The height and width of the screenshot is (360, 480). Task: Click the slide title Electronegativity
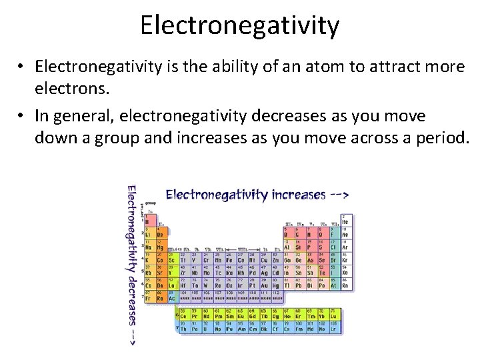pyautogui.click(x=240, y=26)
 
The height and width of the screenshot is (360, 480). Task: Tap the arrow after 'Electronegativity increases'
pyautogui.click(x=339, y=195)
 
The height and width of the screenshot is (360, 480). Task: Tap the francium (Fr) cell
pyautogui.click(x=149, y=296)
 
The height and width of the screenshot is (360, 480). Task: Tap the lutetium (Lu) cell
pyautogui.click(x=333, y=314)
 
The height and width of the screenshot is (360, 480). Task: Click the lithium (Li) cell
pyautogui.click(x=149, y=234)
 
